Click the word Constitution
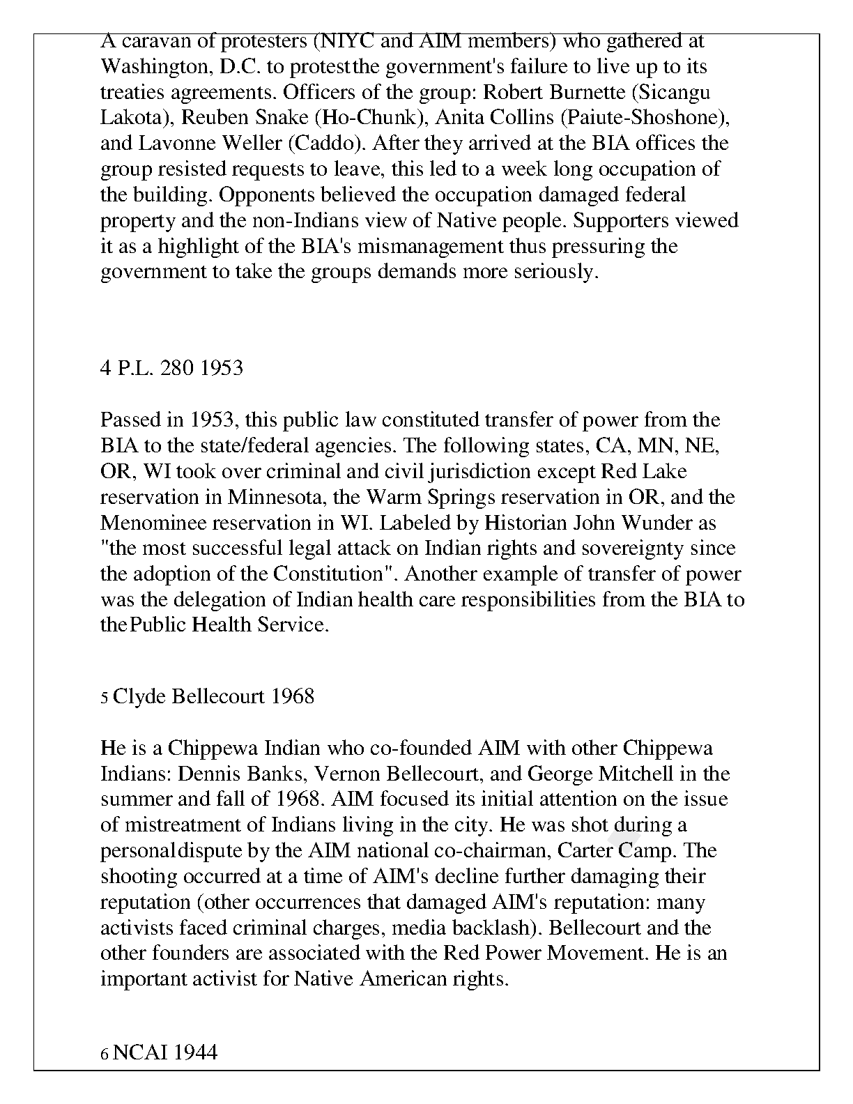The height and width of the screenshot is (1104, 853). (331, 574)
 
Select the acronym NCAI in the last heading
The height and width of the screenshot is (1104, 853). (139, 1052)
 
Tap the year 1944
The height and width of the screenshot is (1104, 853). (195, 1052)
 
